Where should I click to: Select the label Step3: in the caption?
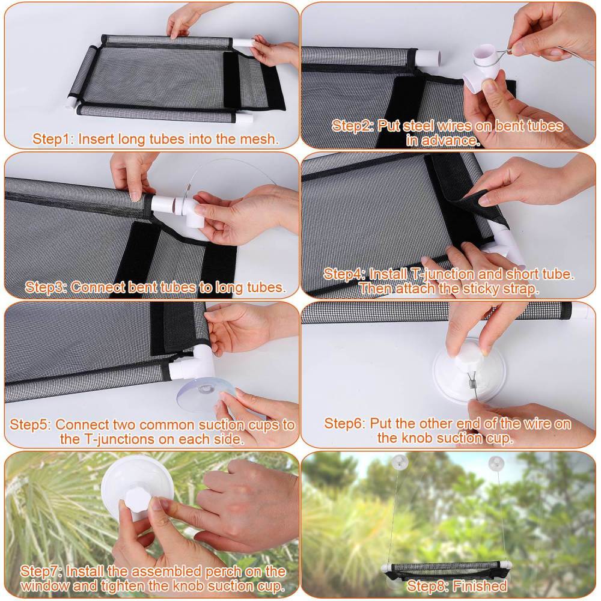(x=46, y=287)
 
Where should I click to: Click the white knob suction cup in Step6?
(x=469, y=370)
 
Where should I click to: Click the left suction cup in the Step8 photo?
(x=400, y=462)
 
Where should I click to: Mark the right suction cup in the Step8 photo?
(x=496, y=463)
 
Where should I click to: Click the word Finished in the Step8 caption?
(x=480, y=586)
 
